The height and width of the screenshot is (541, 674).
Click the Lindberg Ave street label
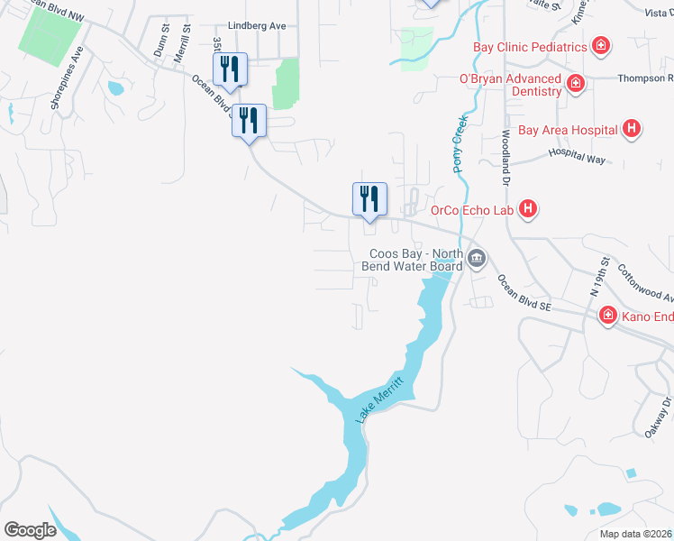257,26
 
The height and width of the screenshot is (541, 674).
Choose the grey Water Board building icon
477,260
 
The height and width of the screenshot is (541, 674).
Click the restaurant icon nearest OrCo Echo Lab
369,199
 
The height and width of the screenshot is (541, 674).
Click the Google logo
30,530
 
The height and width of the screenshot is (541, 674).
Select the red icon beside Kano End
608,315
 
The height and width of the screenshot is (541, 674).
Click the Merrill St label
187,41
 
